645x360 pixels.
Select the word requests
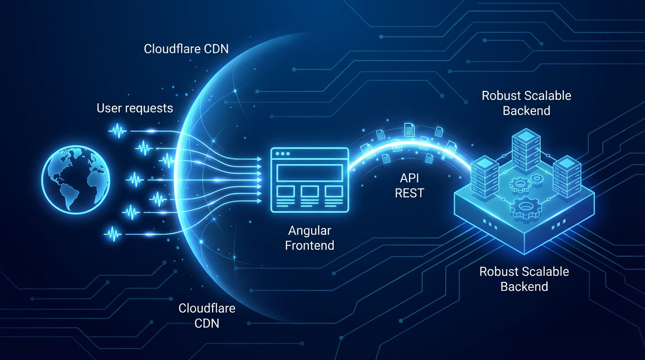click(x=150, y=109)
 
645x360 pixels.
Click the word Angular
click(x=309, y=231)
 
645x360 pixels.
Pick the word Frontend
click(x=309, y=245)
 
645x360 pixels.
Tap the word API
click(x=409, y=179)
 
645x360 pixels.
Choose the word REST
click(x=409, y=193)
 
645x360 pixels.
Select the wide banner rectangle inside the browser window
click(x=309, y=173)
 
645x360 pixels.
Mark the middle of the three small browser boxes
click(x=309, y=191)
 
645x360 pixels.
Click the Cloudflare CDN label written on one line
click(x=186, y=49)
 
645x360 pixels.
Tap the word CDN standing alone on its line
click(x=207, y=323)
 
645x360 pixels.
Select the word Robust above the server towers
click(x=501, y=96)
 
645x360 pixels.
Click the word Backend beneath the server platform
click(x=524, y=286)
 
